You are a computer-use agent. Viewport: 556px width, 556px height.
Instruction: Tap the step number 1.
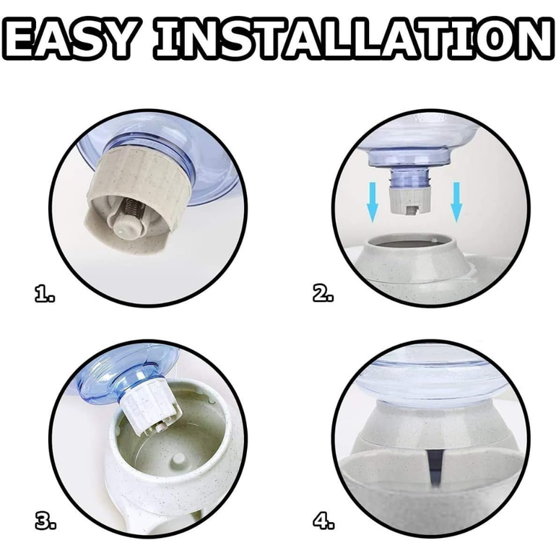click(45, 294)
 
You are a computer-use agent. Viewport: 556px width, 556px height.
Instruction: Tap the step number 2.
click(323, 294)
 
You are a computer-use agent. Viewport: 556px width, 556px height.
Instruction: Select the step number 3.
click(45, 521)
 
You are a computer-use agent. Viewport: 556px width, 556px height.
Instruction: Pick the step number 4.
click(323, 521)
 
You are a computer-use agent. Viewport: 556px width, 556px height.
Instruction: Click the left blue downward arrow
click(373, 202)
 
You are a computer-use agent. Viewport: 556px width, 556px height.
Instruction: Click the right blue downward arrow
click(456, 202)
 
